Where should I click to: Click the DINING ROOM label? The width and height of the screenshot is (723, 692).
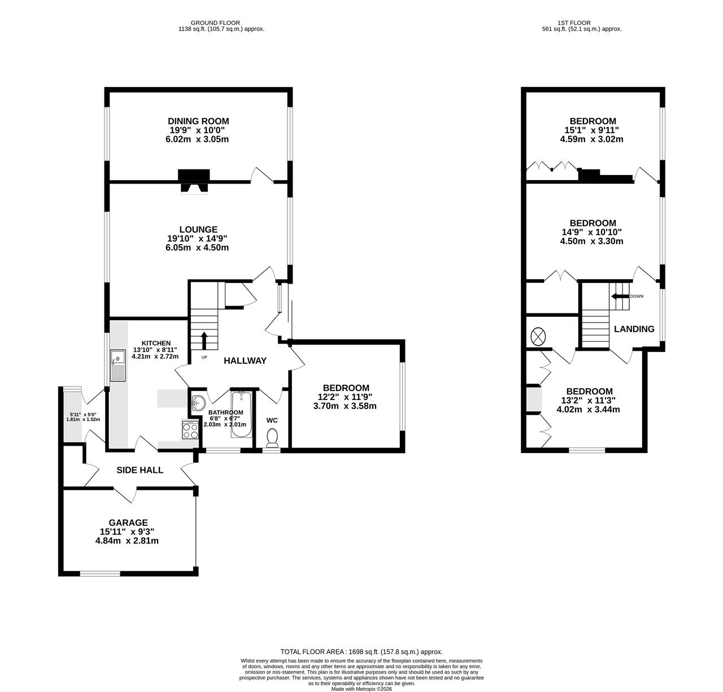click(198, 121)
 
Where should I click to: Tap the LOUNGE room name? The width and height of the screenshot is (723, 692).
click(198, 229)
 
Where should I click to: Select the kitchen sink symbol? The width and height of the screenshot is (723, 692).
click(118, 365)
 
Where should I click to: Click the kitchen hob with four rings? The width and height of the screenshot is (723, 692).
click(190, 430)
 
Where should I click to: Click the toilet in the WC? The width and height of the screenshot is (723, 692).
click(272, 438)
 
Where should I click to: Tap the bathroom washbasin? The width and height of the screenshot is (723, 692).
click(199, 402)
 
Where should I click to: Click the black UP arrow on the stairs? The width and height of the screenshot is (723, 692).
click(204, 341)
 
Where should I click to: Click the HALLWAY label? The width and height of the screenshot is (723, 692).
click(245, 360)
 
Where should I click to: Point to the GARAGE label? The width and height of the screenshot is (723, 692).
click(128, 523)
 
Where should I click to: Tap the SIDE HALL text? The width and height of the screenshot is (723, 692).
click(140, 470)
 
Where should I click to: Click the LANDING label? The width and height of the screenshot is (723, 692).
click(634, 329)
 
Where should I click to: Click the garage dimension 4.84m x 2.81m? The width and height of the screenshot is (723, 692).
click(127, 541)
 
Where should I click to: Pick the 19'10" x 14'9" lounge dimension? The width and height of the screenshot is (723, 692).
click(197, 238)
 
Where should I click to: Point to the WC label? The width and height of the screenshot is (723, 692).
click(272, 420)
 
